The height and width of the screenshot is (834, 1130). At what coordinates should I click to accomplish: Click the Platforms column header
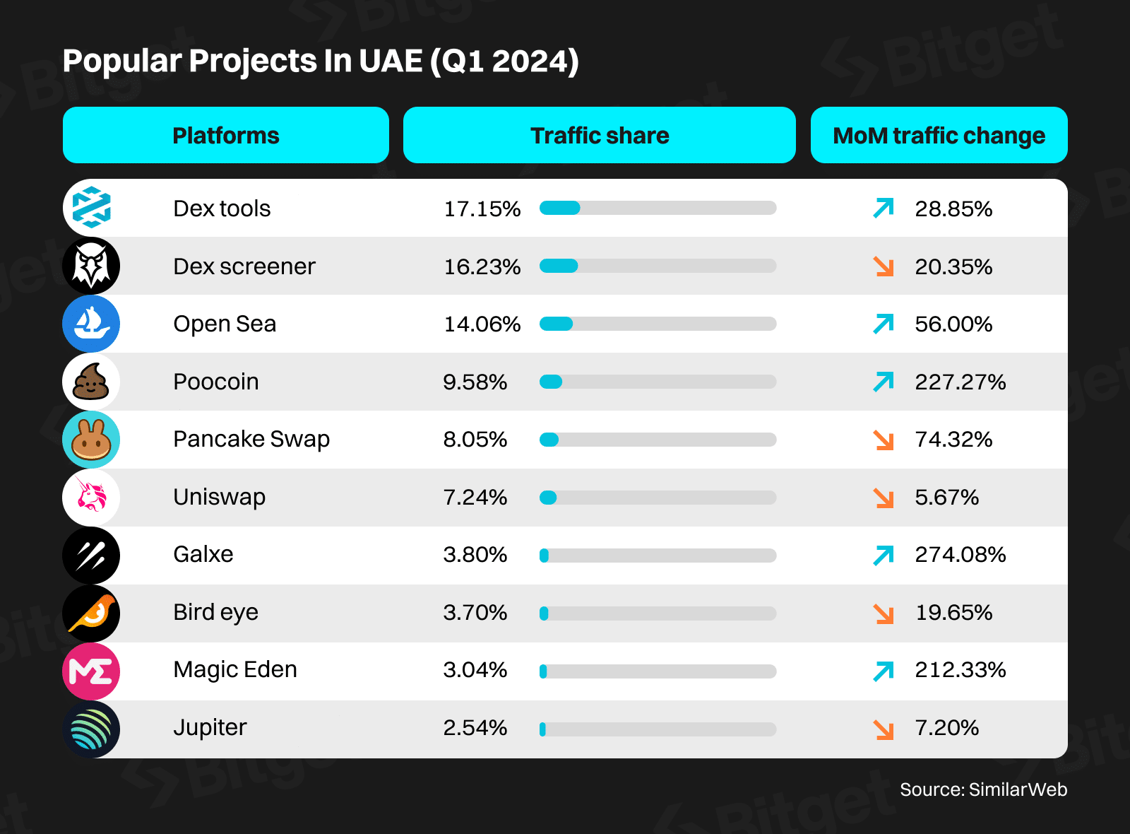(x=226, y=135)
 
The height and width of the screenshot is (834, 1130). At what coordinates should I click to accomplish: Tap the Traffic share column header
(x=599, y=135)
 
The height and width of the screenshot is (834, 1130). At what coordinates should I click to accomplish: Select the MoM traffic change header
(x=939, y=135)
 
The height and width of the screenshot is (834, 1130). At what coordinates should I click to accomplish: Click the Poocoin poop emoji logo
(x=91, y=382)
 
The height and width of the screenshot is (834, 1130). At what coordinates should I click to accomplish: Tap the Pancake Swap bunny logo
(x=91, y=440)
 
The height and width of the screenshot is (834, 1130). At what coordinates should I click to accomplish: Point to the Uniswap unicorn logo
(x=91, y=497)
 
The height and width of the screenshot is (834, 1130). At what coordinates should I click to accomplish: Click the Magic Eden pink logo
(x=91, y=671)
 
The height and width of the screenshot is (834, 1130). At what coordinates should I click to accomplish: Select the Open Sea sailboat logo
(x=91, y=324)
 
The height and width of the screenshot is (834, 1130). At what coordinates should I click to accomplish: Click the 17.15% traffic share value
(x=482, y=208)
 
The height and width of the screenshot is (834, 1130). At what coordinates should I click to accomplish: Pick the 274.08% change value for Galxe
(x=960, y=554)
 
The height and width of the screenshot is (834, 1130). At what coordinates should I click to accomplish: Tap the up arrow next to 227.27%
(x=884, y=382)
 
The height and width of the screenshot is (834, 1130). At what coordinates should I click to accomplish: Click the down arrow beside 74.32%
(x=884, y=440)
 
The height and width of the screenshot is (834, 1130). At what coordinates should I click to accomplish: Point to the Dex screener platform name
(x=244, y=266)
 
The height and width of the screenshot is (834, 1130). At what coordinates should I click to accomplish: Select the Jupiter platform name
(x=210, y=727)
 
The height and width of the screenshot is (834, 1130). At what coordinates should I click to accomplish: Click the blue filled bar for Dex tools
(x=559, y=208)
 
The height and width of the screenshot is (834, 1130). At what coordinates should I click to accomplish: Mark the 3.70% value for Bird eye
(x=475, y=612)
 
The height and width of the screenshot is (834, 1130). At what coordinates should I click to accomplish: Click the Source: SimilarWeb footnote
(x=983, y=789)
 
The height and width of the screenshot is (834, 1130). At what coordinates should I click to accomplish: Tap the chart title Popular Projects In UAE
(x=321, y=61)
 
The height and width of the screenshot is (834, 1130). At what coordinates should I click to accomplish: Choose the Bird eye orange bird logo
(x=91, y=613)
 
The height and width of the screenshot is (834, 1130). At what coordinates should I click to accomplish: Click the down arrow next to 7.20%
(x=884, y=729)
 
